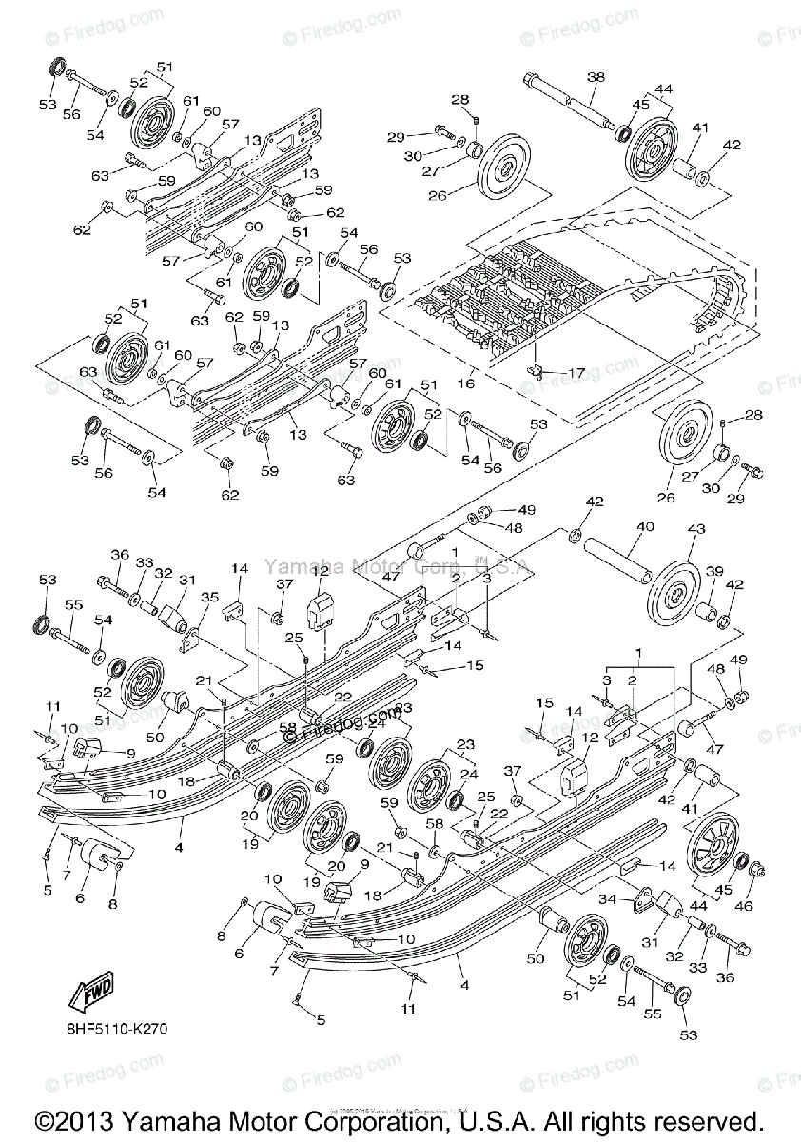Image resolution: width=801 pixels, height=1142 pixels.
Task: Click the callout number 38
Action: coord(596,76)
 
